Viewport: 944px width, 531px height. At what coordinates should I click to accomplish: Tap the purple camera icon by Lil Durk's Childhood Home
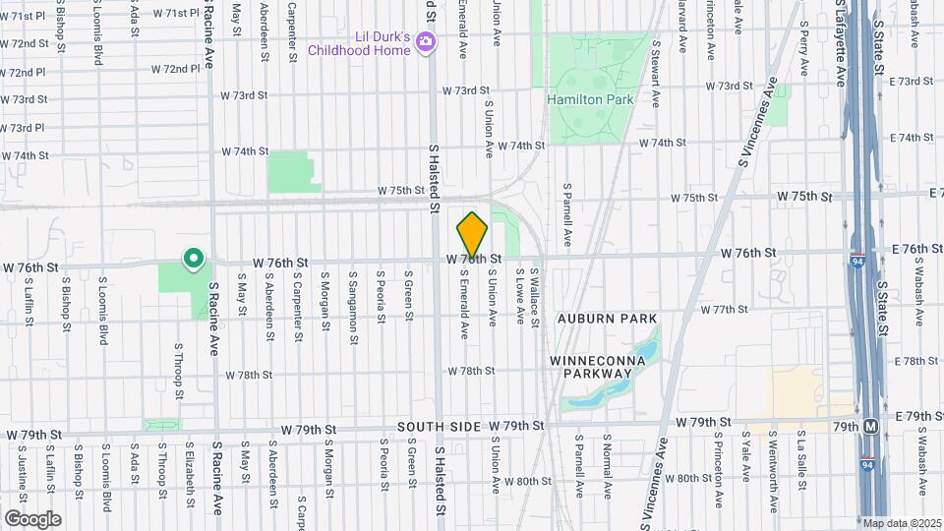[425, 40]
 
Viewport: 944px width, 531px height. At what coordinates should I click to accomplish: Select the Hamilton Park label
[590, 99]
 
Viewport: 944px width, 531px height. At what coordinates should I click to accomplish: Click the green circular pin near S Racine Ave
[194, 260]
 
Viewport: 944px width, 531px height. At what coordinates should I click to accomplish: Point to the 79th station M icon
[870, 427]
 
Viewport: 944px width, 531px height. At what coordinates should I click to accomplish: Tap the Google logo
[32, 518]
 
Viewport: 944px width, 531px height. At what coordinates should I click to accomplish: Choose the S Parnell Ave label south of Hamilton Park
[567, 214]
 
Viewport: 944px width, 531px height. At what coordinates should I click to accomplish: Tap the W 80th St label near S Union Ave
[530, 481]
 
